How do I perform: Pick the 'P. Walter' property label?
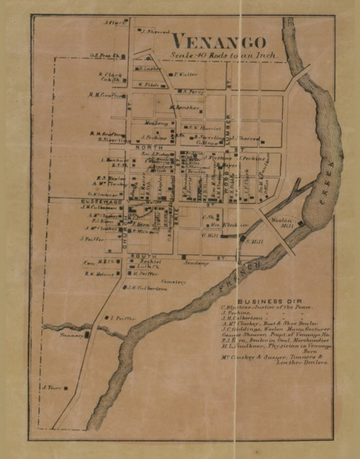184,73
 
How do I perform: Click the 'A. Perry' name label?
194,92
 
